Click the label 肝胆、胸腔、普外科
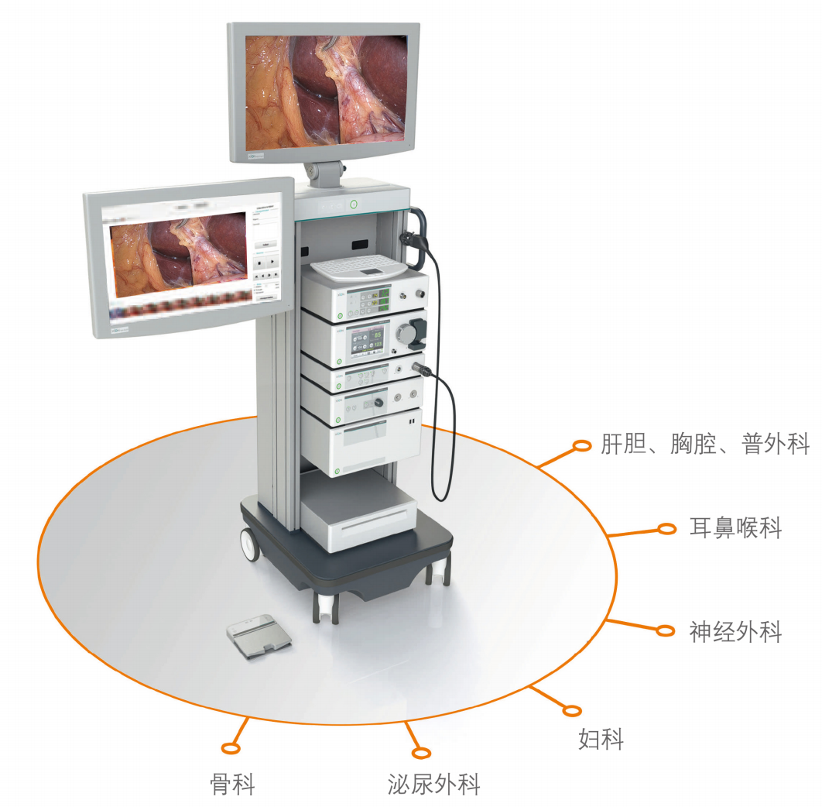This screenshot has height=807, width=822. click(704, 445)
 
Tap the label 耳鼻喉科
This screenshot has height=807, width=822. click(735, 529)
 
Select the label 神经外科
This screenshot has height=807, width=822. click(735, 631)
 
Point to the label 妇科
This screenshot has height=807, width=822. click(601, 740)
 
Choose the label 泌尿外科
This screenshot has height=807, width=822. click(433, 784)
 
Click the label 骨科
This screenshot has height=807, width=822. click(232, 784)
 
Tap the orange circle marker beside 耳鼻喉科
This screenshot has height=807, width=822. click(666, 529)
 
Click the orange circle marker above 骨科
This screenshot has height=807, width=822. click(230, 747)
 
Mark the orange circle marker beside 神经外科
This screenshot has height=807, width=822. click(665, 630)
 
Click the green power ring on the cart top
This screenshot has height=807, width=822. click(354, 205)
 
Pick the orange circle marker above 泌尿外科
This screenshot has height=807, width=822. click(420, 753)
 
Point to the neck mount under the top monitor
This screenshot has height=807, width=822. click(324, 173)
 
